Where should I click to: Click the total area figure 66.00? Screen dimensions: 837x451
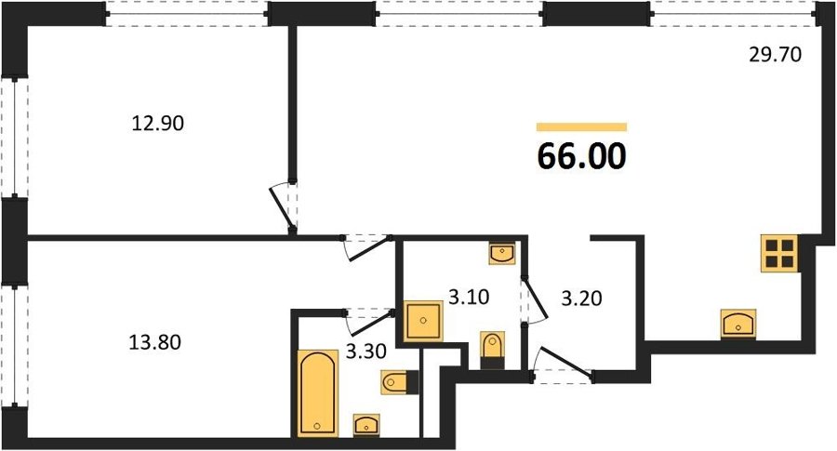click(x=581, y=156)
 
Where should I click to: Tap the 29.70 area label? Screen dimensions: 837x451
click(x=775, y=55)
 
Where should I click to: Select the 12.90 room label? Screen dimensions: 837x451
click(x=157, y=124)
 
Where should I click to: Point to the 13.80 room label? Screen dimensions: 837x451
click(x=154, y=341)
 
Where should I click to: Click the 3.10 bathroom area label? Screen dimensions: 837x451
click(x=469, y=298)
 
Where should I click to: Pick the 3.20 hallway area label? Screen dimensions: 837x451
click(x=581, y=298)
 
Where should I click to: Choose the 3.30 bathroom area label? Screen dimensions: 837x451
click(x=366, y=352)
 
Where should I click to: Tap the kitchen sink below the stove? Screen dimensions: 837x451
click(x=738, y=324)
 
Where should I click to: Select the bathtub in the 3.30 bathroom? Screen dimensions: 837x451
click(x=318, y=392)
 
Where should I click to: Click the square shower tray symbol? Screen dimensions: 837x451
click(x=423, y=321)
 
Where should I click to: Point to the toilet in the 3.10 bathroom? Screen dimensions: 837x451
click(x=492, y=350)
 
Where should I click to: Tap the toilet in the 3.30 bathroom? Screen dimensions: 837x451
click(x=399, y=382)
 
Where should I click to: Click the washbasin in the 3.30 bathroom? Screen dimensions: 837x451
click(x=366, y=425)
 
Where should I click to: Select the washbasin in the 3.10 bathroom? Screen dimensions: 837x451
click(x=502, y=253)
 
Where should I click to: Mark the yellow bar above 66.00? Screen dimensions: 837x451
click(x=581, y=127)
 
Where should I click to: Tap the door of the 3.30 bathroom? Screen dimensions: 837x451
click(x=369, y=321)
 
